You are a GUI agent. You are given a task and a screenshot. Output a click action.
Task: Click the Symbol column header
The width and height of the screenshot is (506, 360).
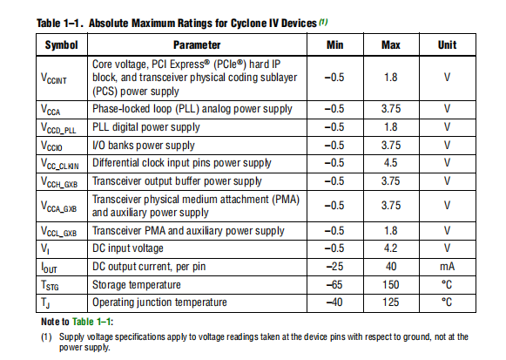tap(61, 44)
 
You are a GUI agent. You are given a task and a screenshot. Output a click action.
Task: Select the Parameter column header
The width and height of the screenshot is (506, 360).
tap(197, 44)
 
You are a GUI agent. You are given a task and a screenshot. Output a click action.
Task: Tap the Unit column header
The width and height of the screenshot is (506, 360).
tap(447, 44)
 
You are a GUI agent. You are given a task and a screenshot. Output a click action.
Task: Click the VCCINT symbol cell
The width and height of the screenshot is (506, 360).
tap(54, 78)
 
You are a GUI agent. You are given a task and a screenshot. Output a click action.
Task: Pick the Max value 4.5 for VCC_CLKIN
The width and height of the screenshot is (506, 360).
tap(390, 163)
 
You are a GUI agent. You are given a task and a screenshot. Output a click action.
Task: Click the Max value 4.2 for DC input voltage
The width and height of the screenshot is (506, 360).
tap(390, 248)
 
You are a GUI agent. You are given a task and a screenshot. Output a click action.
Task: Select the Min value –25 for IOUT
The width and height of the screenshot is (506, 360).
tap(334, 267)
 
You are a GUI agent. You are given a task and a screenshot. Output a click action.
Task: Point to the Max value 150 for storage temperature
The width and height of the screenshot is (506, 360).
tap(391, 285)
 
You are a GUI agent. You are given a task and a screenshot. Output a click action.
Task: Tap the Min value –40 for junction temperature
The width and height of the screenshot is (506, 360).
tap(334, 302)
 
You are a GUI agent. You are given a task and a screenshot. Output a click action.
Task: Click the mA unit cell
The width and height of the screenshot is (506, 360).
tap(447, 267)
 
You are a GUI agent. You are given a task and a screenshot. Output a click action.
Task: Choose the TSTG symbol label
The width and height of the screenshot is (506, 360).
tap(50, 285)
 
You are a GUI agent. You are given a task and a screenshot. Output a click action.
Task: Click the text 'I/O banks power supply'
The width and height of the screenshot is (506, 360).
tap(144, 146)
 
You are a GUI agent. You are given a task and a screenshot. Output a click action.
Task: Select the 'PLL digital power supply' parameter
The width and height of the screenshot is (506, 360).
tap(145, 127)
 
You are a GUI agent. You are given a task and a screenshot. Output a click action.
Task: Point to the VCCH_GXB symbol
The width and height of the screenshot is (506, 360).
tap(59, 182)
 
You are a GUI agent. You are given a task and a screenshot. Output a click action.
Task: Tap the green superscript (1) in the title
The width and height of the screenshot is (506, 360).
tap(323, 22)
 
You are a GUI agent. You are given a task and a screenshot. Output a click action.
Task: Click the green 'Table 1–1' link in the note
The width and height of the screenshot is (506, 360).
tap(91, 322)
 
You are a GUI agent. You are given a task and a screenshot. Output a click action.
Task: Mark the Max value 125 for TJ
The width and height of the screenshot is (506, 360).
tap(391, 302)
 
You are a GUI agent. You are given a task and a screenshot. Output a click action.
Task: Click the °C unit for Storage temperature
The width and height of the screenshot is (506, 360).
tap(447, 285)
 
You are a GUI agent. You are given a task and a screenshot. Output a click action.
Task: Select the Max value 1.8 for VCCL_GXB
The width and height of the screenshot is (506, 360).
tap(390, 231)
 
